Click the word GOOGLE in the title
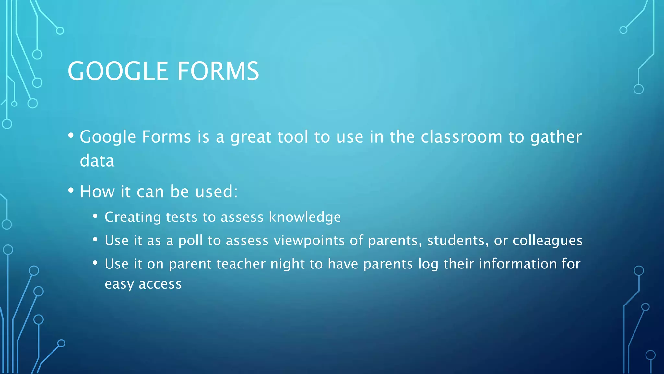coord(118,71)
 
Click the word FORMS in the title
coord(218,71)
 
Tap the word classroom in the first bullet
coord(461,137)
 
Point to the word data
coord(97,161)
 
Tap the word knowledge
coord(305,217)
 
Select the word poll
coord(190,241)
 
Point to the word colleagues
coord(547,241)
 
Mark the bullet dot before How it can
coord(71,191)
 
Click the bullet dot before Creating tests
coord(95,216)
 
